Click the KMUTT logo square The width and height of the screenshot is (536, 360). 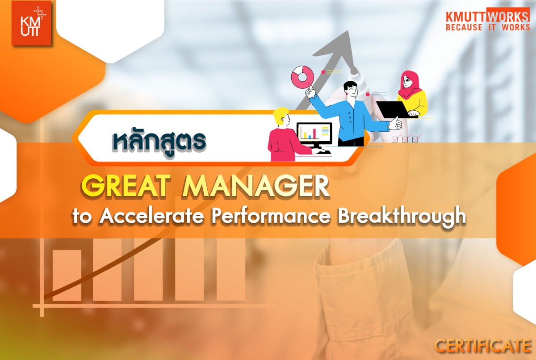(31, 23)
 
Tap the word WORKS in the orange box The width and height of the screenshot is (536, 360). (508, 16)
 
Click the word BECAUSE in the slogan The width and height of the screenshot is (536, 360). (464, 28)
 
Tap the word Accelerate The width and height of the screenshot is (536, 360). (152, 216)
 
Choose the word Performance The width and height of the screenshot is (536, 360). (271, 216)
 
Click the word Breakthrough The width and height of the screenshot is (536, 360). (402, 217)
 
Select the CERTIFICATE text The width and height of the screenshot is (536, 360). (483, 346)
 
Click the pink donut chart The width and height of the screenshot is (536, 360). (302, 77)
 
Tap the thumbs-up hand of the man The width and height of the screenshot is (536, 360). (395, 123)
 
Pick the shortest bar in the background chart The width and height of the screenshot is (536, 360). (67, 275)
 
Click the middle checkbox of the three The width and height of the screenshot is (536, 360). (405, 139)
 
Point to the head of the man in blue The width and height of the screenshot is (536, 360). (351, 89)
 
